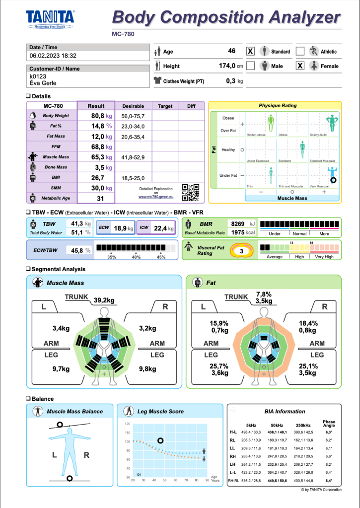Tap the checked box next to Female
(300, 66)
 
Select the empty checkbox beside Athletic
(300, 52)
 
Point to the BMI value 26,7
(96, 177)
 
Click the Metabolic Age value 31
(100, 198)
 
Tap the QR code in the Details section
(191, 192)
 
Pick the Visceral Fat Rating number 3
(241, 251)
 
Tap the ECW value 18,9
(120, 228)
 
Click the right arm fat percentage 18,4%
(308, 323)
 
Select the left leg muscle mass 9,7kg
(61, 369)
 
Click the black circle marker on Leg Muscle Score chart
(160, 440)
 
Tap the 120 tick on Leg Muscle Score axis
(127, 424)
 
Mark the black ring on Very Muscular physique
(334, 180)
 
